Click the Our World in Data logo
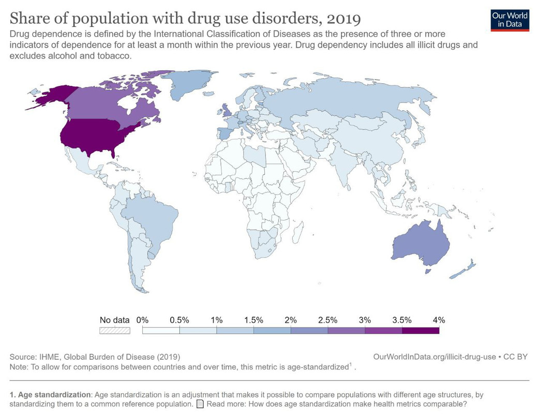(x=511, y=19)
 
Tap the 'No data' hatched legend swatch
(x=114, y=330)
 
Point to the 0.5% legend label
(x=179, y=320)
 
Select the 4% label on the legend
(x=439, y=320)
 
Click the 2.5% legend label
(x=327, y=320)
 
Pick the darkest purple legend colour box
(x=420, y=330)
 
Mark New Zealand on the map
(x=463, y=271)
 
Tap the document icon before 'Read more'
(x=200, y=404)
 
